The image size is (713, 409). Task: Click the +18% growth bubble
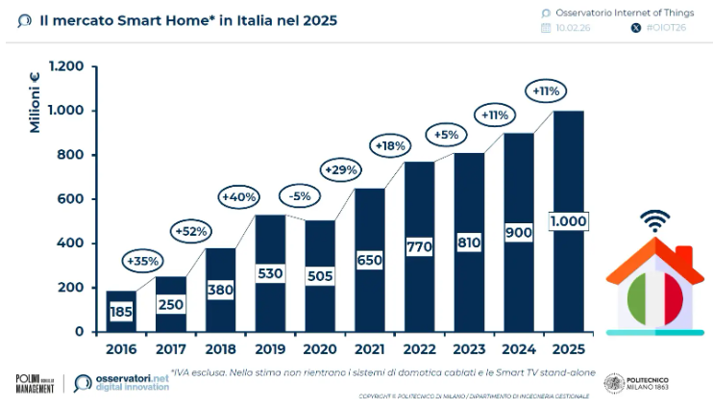(x=390, y=145)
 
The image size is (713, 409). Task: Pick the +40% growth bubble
(x=238, y=196)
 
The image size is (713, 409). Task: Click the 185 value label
(x=120, y=312)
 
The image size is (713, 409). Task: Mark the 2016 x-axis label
(x=120, y=347)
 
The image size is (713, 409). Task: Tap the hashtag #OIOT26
(x=667, y=28)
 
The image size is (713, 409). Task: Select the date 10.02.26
(x=575, y=28)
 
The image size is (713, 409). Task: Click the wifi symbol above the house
(x=656, y=220)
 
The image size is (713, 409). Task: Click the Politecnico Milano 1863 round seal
(x=615, y=383)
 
